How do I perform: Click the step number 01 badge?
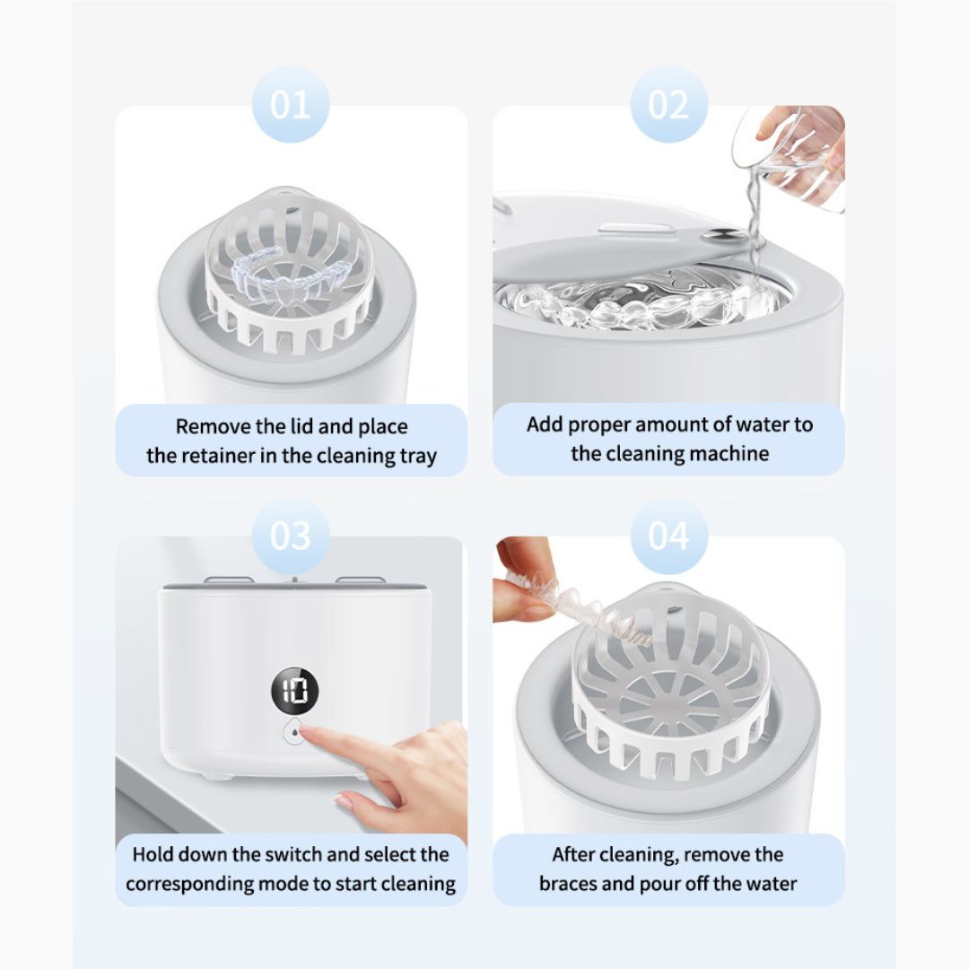(291, 104)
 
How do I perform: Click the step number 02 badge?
(668, 104)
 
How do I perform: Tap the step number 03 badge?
(291, 535)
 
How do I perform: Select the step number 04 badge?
(668, 535)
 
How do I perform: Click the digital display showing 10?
(295, 690)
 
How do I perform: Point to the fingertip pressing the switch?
(307, 733)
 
